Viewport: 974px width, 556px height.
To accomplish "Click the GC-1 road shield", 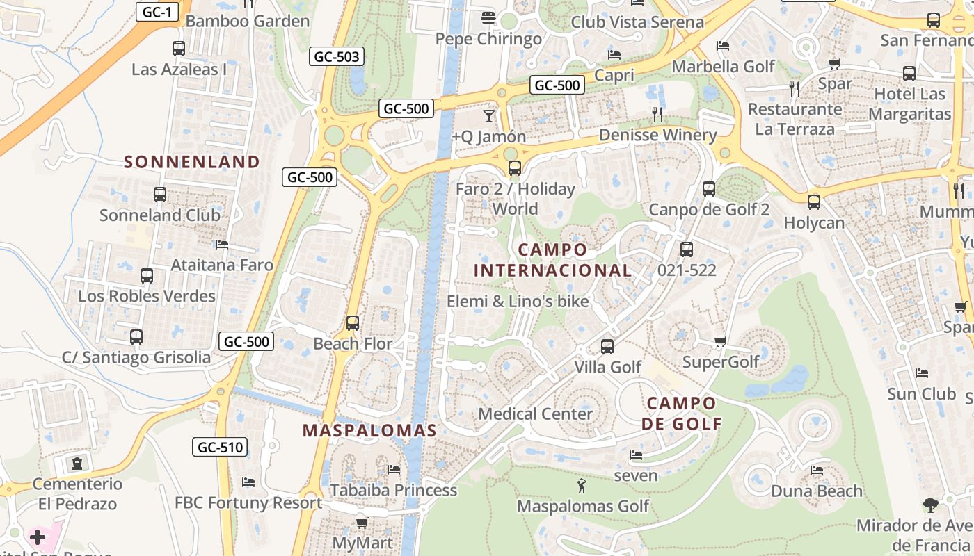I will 157,11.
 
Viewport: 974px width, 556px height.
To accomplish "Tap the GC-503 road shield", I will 337,57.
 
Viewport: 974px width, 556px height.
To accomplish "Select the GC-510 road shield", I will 221,447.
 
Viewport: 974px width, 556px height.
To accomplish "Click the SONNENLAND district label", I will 192,162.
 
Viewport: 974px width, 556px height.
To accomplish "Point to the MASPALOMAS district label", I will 369,430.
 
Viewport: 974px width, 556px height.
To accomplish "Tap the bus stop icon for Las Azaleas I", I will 179,49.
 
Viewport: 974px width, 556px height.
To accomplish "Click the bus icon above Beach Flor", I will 353,323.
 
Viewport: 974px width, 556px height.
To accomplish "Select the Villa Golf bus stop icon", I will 607,347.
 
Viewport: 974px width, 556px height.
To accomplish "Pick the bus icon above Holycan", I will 813,202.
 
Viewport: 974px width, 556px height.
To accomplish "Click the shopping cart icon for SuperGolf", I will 721,341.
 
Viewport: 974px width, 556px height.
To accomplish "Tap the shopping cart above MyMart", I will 362,523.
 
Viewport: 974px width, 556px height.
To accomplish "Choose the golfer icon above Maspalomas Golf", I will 582,486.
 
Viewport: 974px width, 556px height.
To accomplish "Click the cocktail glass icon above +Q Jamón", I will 489,116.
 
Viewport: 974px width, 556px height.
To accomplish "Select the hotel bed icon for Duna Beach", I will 817,471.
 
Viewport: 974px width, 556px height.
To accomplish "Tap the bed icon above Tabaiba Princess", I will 394,470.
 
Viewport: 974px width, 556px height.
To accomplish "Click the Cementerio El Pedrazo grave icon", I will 77,463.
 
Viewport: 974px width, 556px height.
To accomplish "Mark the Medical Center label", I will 536,414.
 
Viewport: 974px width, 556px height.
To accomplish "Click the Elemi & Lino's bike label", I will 518,302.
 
